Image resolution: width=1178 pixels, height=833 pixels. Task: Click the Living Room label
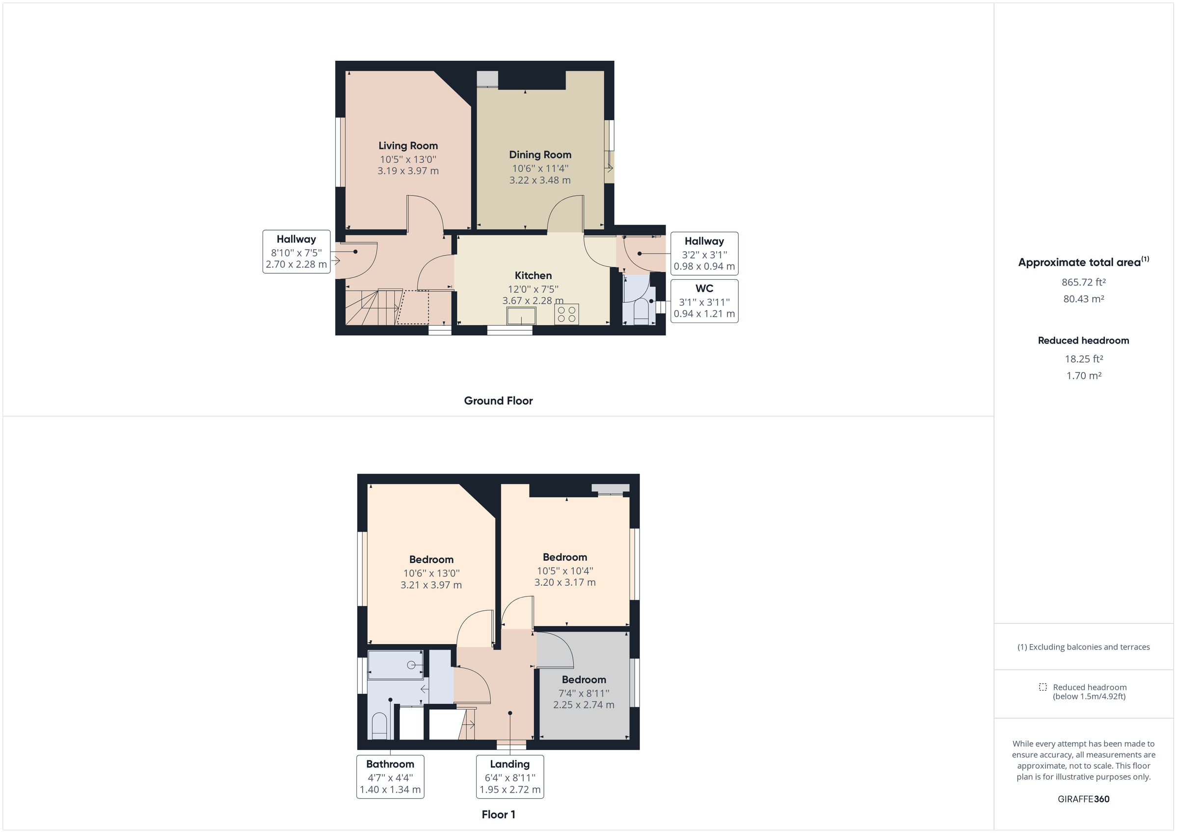(408, 146)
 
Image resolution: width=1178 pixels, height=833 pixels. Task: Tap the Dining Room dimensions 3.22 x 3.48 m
(540, 181)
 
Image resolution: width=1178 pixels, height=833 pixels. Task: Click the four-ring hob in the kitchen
(566, 314)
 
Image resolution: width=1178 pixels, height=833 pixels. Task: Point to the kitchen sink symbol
(521, 316)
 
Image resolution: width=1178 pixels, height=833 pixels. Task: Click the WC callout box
(704, 301)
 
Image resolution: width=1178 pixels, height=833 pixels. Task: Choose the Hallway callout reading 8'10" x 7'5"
(296, 252)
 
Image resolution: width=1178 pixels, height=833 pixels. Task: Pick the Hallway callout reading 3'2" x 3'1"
(704, 254)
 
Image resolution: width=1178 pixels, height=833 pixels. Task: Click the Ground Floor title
(498, 401)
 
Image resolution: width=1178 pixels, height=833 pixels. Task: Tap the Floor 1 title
(498, 814)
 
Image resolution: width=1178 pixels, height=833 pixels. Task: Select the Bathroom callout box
(390, 777)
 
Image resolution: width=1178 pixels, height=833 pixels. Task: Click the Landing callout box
(509, 777)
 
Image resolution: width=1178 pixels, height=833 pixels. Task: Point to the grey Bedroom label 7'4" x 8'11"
(584, 680)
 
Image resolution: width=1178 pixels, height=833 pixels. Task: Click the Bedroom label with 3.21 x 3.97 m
(431, 560)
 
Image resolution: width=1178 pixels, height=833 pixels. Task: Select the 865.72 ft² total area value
(1083, 283)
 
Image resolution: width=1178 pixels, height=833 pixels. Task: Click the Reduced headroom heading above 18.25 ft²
(1083, 340)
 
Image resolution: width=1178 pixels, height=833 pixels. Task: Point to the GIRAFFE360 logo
(1083, 799)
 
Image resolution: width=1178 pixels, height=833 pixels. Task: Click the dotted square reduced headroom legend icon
(1043, 687)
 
